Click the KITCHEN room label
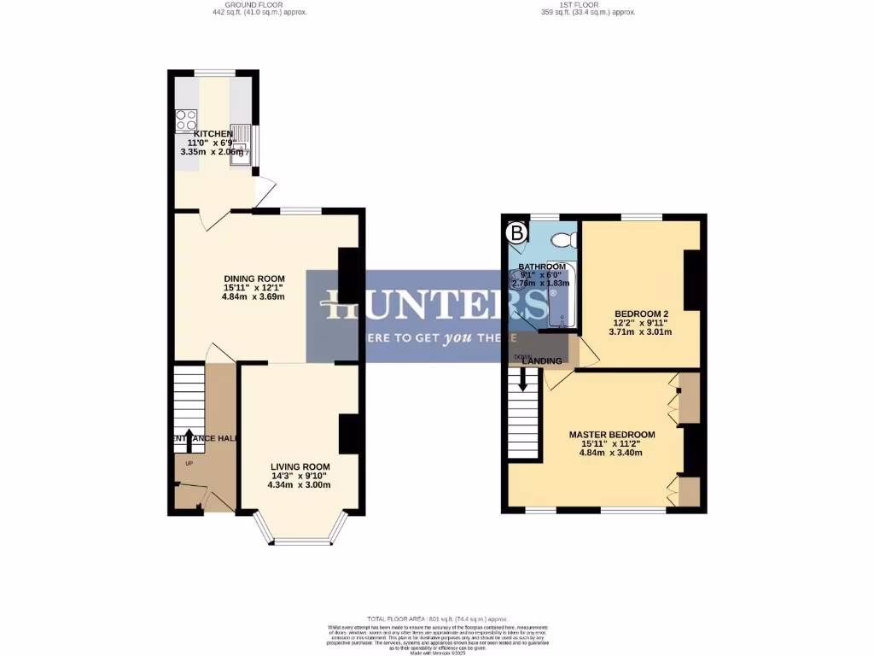point(213,134)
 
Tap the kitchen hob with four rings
point(186,122)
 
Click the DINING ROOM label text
point(253,278)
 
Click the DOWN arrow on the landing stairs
point(523,381)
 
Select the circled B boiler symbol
point(516,231)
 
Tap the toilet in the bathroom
point(563,239)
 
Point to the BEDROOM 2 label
point(640,313)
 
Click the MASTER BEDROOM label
point(612,434)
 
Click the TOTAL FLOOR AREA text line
point(437,618)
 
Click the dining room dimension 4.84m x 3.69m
point(253,297)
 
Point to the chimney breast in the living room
point(348,434)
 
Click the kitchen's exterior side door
point(267,189)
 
